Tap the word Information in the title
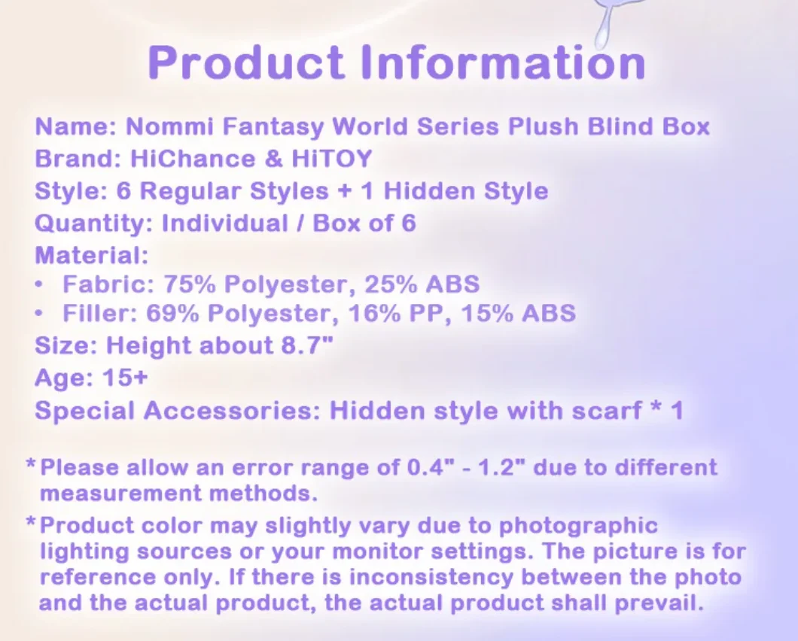pos(503,62)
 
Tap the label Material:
pos(92,256)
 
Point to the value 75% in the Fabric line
pos(195,284)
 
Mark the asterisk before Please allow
pos(31,464)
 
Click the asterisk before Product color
pos(31,522)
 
